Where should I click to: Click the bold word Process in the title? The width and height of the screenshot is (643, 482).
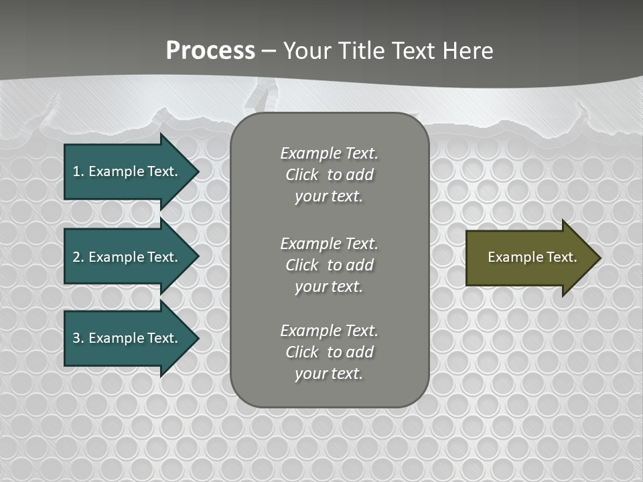click(210, 51)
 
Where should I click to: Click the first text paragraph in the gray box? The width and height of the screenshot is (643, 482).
click(329, 175)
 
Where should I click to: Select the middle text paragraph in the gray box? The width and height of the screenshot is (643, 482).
click(329, 265)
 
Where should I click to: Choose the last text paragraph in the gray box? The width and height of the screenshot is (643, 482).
click(329, 352)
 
